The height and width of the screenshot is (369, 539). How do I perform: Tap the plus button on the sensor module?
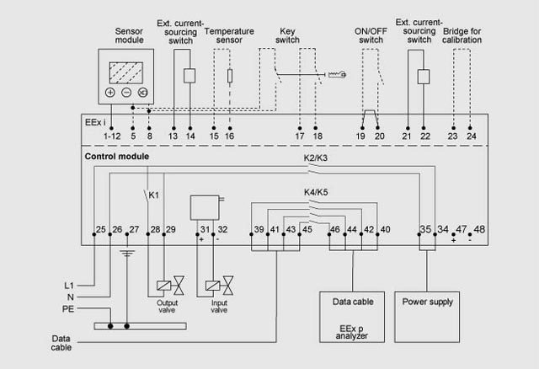(110, 92)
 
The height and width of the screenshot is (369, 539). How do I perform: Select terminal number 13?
(173, 136)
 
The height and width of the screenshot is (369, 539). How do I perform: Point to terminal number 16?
(230, 136)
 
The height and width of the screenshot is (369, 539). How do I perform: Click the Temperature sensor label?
(230, 35)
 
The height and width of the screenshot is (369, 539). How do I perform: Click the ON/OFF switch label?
(371, 35)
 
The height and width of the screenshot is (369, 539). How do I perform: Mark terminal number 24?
(471, 136)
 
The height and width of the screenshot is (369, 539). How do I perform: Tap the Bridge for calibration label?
(462, 35)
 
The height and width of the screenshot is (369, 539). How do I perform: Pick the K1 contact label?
(154, 195)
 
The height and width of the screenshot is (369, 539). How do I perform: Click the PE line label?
(69, 308)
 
